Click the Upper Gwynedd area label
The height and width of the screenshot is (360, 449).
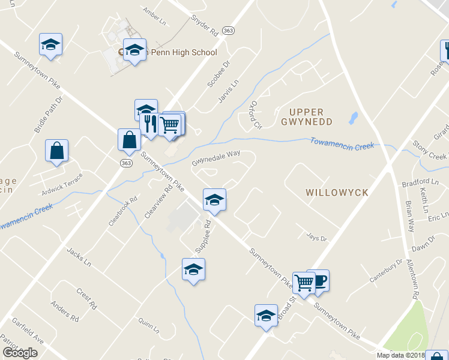(x=306, y=116)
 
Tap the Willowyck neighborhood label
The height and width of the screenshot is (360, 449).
(x=336, y=193)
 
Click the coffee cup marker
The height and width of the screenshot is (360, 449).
(x=319, y=280)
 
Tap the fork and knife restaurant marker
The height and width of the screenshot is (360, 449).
(x=149, y=124)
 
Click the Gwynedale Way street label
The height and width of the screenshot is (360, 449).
(x=216, y=158)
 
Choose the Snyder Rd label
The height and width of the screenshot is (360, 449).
(x=204, y=23)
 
